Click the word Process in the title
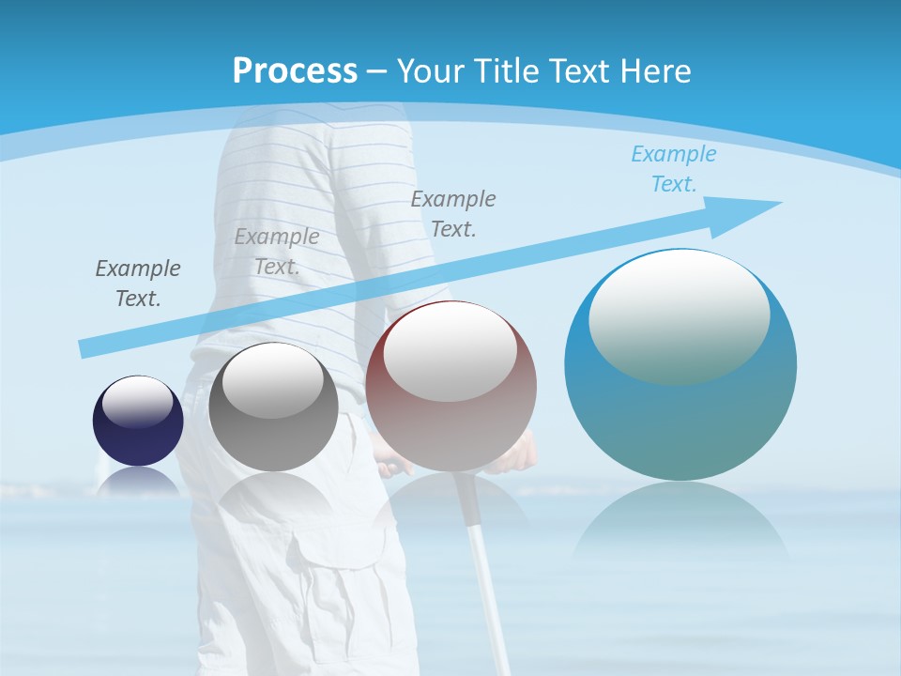tap(295, 70)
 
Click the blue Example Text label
tap(673, 169)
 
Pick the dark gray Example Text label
tap(138, 284)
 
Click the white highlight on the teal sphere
tap(679, 315)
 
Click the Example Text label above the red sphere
tap(453, 213)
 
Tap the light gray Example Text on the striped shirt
tap(277, 252)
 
